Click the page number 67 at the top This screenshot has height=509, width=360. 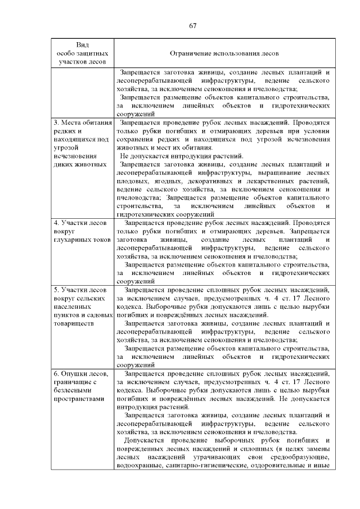tap(193, 26)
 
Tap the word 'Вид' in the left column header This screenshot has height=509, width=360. tap(82, 44)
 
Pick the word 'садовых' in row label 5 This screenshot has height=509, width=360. tap(101, 316)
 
